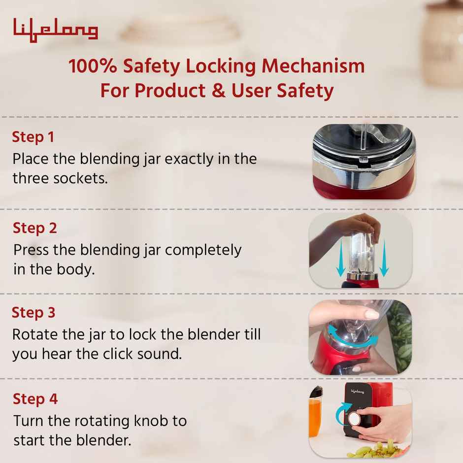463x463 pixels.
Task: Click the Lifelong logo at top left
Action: pyautogui.click(x=56, y=30)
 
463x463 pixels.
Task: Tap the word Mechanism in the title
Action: pyautogui.click(x=313, y=66)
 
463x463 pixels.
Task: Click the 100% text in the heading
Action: pyautogui.click(x=93, y=66)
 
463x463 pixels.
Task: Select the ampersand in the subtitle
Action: pyautogui.click(x=219, y=90)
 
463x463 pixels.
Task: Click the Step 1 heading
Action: pyautogui.click(x=33, y=137)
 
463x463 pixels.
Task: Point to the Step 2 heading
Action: pyautogui.click(x=35, y=228)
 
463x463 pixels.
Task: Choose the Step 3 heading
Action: pyautogui.click(x=33, y=313)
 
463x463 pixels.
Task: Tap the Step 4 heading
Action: pyautogui.click(x=35, y=399)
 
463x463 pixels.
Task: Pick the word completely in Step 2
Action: pyautogui.click(x=203, y=250)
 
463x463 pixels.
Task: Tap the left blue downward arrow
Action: pyautogui.click(x=341, y=258)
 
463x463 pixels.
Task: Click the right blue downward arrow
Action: pyautogui.click(x=384, y=258)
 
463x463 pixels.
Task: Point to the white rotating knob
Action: pyautogui.click(x=354, y=418)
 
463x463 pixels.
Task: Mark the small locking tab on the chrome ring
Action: pyautogui.click(x=363, y=160)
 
